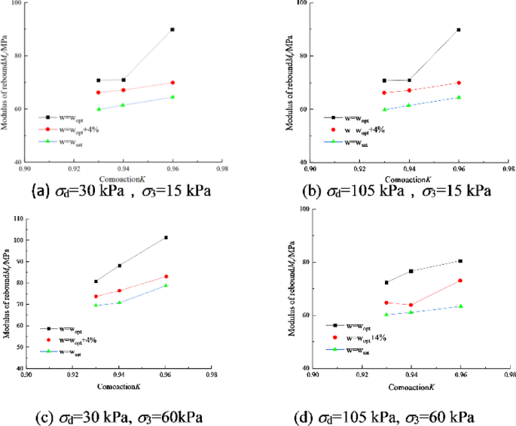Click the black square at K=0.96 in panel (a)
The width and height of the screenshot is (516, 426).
click(x=173, y=29)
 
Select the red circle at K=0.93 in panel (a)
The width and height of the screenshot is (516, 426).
click(x=98, y=93)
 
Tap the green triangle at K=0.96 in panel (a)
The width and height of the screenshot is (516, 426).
click(x=173, y=96)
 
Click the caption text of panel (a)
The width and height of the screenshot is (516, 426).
click(x=121, y=191)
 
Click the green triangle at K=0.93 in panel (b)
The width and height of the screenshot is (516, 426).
click(x=384, y=109)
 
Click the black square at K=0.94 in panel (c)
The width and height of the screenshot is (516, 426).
click(x=119, y=266)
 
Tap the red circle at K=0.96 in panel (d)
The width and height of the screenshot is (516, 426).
click(x=460, y=281)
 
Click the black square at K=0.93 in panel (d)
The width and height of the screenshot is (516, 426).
click(x=386, y=283)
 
